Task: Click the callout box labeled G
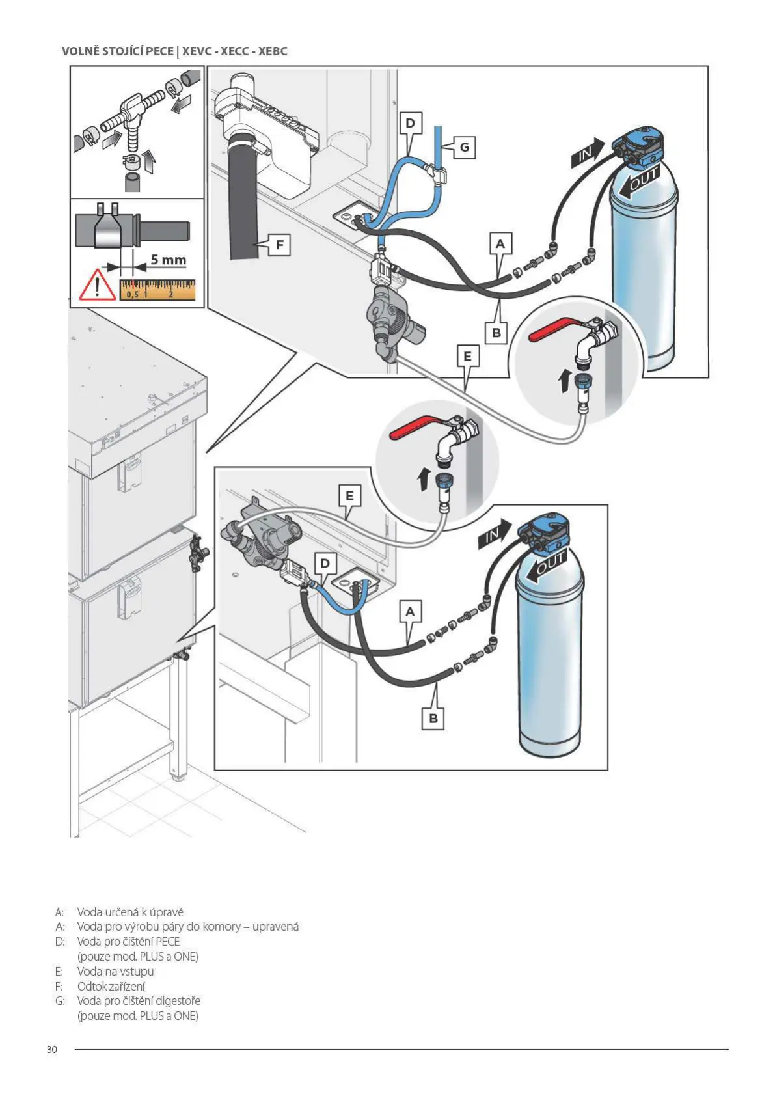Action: tap(465, 147)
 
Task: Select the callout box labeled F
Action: tap(279, 245)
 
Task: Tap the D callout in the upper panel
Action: tap(410, 123)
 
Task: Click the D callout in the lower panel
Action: tap(325, 563)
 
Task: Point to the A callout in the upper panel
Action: tap(500, 243)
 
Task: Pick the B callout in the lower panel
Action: tap(433, 719)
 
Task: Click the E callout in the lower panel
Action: tap(349, 496)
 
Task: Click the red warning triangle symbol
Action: tap(98, 285)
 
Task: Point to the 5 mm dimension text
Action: tap(169, 259)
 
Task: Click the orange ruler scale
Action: tap(157, 290)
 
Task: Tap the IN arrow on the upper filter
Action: tap(588, 153)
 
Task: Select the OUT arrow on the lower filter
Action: tap(547, 566)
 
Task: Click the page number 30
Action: tap(52, 1049)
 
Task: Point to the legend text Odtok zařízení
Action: tap(111, 986)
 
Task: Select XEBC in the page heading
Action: tap(273, 51)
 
